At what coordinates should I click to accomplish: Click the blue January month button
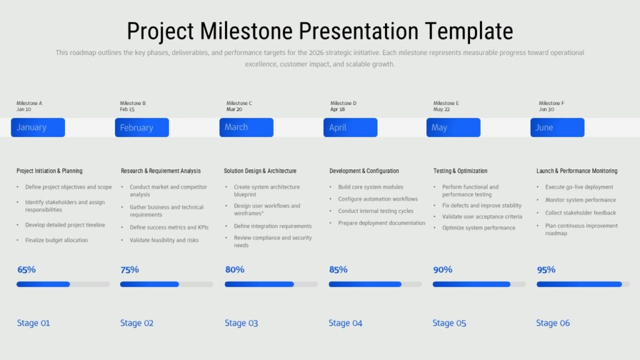[x=38, y=127]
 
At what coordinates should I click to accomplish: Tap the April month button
[x=350, y=127]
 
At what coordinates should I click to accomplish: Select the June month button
[x=557, y=127]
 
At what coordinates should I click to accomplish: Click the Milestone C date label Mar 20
[x=234, y=109]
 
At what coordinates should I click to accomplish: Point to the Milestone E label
[x=446, y=103]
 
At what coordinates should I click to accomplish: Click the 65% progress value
[x=26, y=269]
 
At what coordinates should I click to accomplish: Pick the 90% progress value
[x=442, y=269]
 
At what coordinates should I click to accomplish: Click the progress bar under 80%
[x=271, y=284]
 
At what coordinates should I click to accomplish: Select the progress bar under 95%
[x=583, y=284]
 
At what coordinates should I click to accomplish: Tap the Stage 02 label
[x=137, y=323]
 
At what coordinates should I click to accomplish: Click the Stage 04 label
[x=345, y=323]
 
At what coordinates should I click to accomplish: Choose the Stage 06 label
[x=552, y=323]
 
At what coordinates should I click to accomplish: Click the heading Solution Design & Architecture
[x=260, y=171]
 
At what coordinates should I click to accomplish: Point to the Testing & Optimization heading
[x=461, y=171]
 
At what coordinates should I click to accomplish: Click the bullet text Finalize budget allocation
[x=56, y=240]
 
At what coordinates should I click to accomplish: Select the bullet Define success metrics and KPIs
[x=169, y=227]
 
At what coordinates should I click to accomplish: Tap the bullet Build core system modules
[x=371, y=187]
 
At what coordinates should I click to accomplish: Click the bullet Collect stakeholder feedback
[x=581, y=212]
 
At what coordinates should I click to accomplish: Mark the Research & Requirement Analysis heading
[x=161, y=171]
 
